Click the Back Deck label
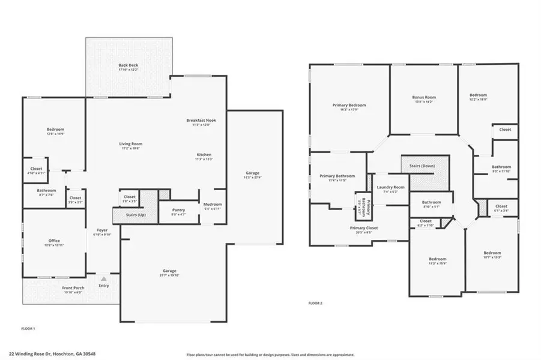click(x=128, y=65)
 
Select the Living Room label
click(x=130, y=143)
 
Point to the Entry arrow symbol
click(x=104, y=279)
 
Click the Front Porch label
click(x=73, y=288)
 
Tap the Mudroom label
click(x=213, y=205)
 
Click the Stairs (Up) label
click(x=133, y=214)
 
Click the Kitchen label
click(x=204, y=155)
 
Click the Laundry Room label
click(x=390, y=187)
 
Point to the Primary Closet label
click(x=363, y=228)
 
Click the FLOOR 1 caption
click(x=28, y=329)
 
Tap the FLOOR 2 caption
click(x=315, y=303)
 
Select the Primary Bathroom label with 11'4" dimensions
click(x=337, y=176)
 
